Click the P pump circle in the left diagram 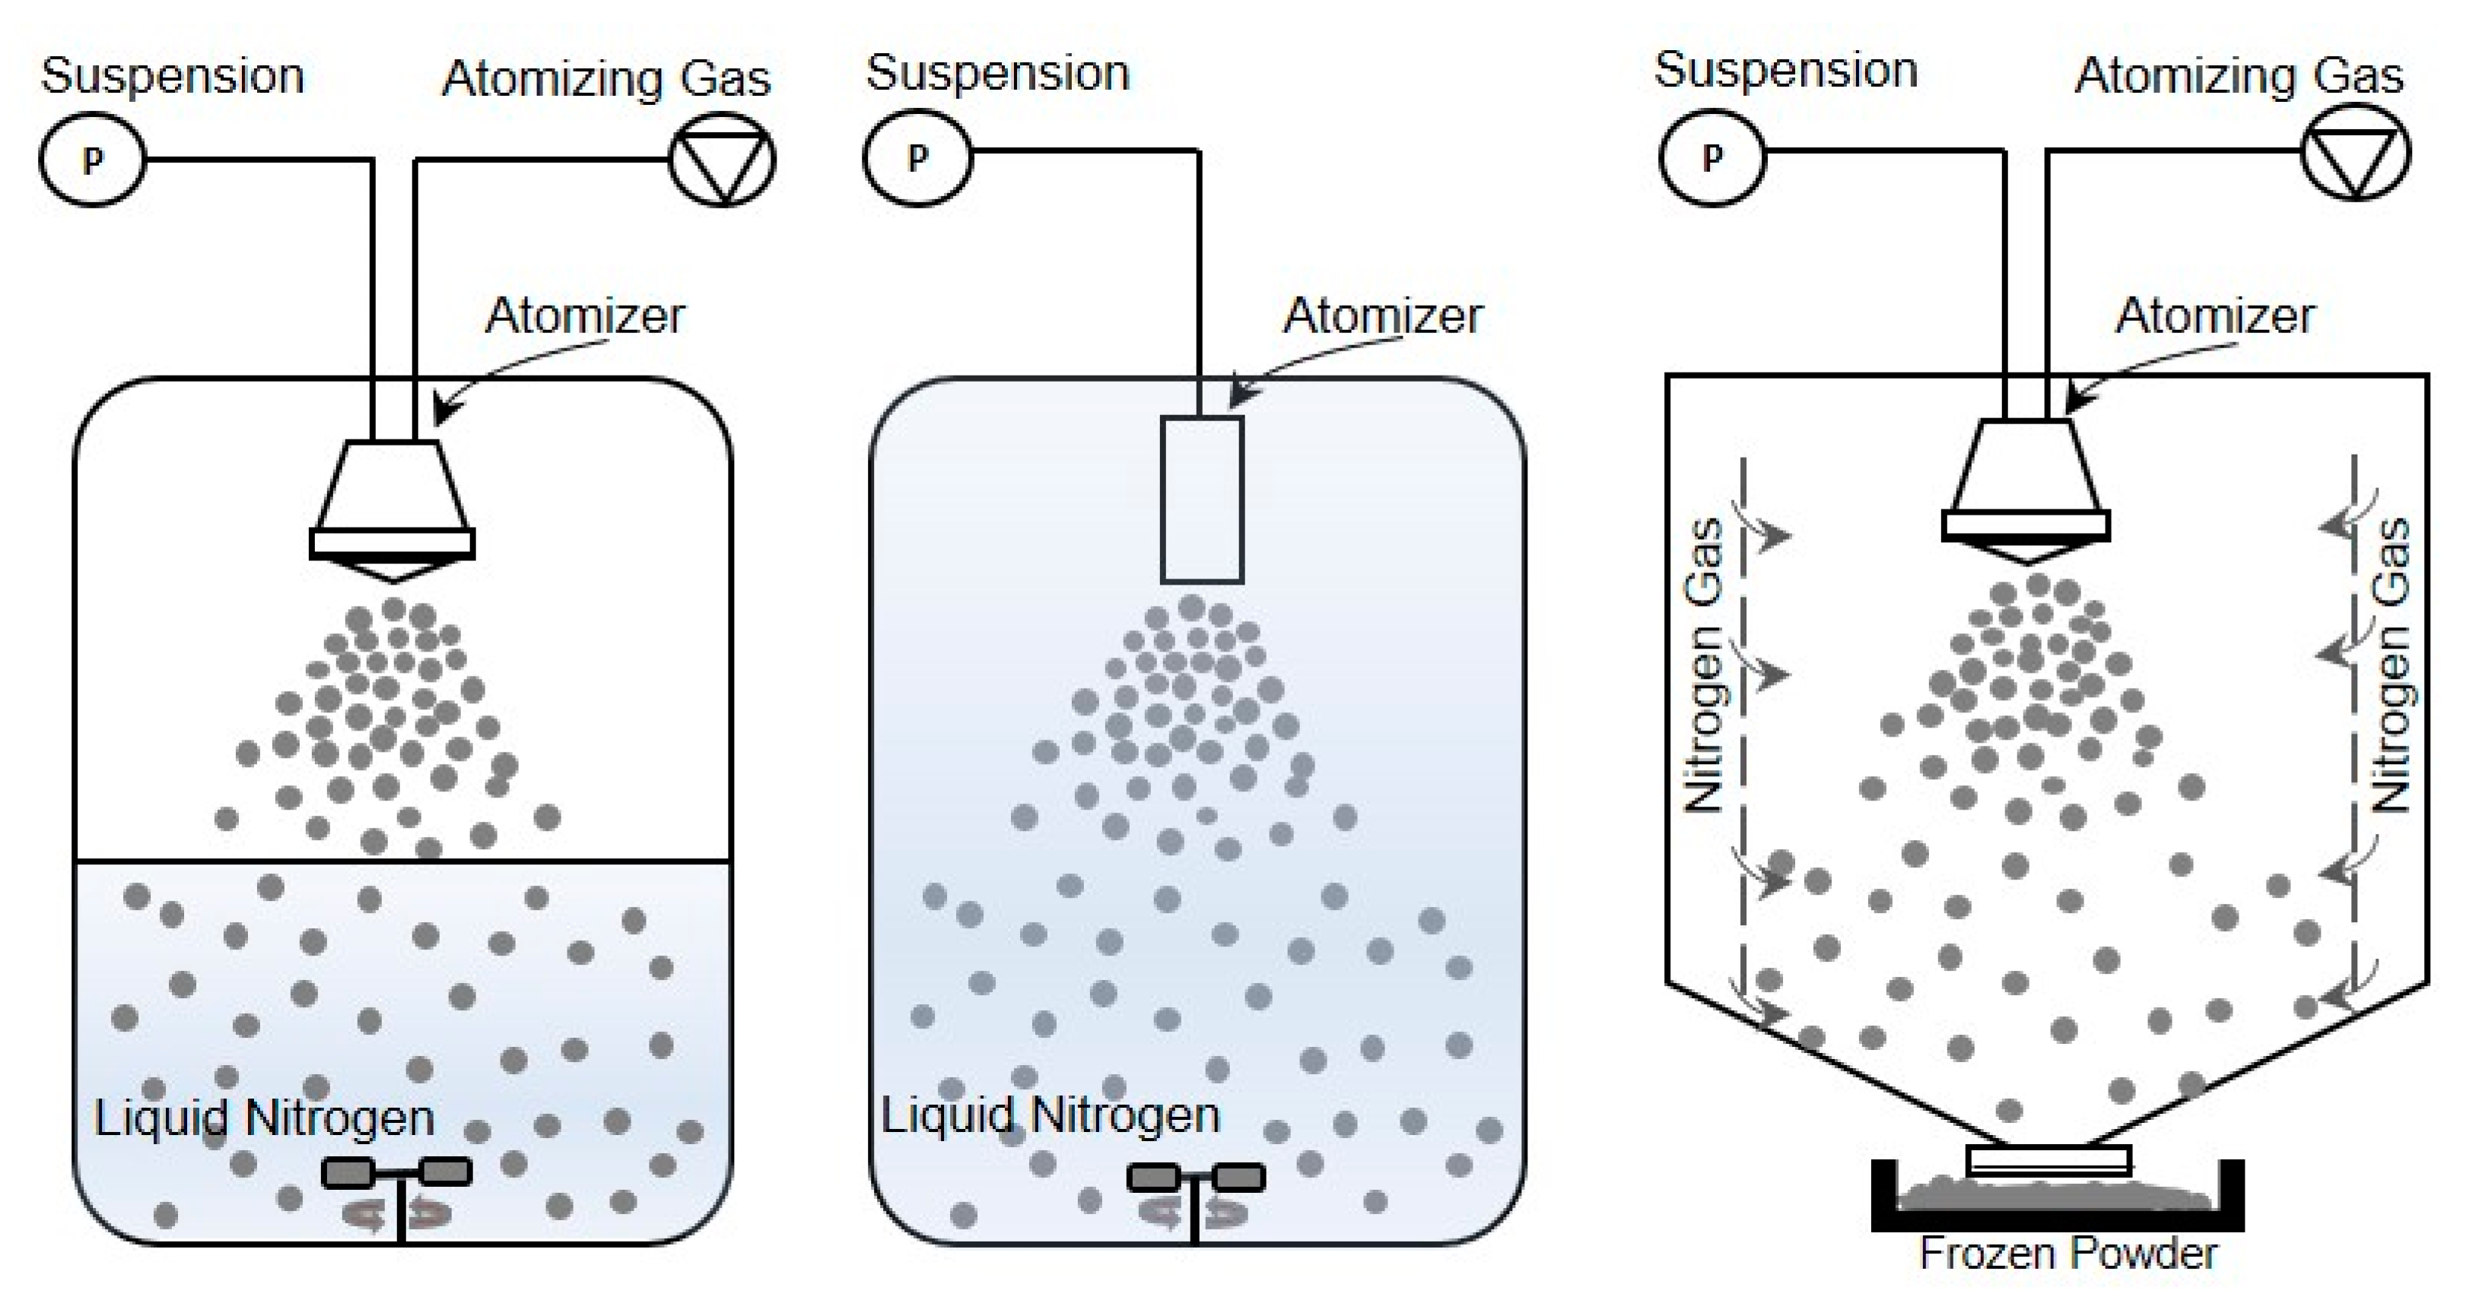pyautogui.click(x=92, y=160)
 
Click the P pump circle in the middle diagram pyautogui.click(x=918, y=157)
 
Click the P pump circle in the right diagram pyautogui.click(x=1713, y=157)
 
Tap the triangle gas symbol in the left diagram pyautogui.click(x=722, y=160)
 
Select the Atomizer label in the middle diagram pyautogui.click(x=1383, y=316)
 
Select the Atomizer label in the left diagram pyautogui.click(x=585, y=316)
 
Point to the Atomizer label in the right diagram pyautogui.click(x=2214, y=316)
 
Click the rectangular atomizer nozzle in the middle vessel pyautogui.click(x=1202, y=499)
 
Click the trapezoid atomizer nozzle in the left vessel pyautogui.click(x=393, y=510)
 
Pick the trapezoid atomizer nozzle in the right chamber pyautogui.click(x=2026, y=490)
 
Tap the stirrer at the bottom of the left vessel pyautogui.click(x=398, y=1193)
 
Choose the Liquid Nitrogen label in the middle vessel pyautogui.click(x=1051, y=1116)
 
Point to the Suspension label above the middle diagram pyautogui.click(x=998, y=73)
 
